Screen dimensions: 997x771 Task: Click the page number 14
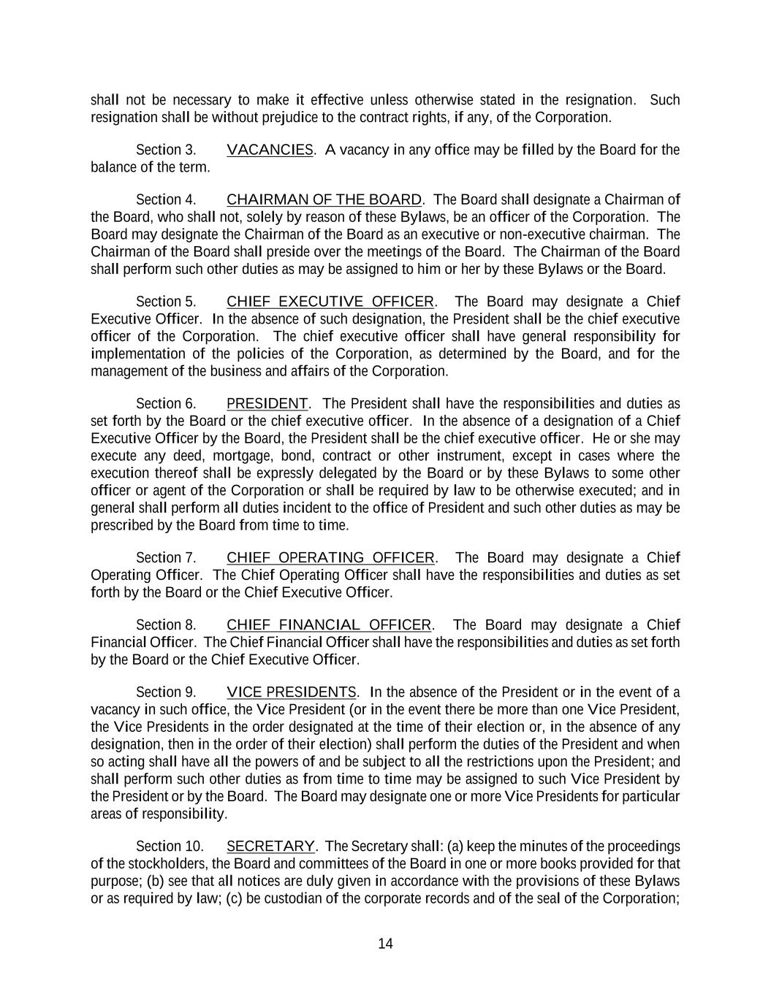point(385,944)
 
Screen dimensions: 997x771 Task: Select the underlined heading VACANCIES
point(270,150)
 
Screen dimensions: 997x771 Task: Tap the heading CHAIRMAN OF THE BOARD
point(324,199)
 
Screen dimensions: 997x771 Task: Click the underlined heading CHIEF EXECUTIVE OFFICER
point(330,302)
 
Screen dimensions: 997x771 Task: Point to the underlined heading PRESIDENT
point(267,404)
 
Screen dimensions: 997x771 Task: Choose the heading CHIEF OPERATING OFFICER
point(330,558)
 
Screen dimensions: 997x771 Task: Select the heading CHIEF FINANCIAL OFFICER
point(329,625)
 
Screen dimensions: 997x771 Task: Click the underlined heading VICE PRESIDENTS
point(292,692)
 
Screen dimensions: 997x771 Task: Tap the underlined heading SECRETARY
point(270,847)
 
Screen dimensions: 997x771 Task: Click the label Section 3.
point(166,150)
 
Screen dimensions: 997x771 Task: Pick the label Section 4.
point(166,199)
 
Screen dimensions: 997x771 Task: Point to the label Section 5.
point(166,302)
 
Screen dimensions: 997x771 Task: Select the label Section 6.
point(166,404)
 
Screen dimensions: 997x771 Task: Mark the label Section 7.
point(166,558)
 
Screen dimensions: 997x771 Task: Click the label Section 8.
point(166,625)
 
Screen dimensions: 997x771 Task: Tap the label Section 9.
point(166,692)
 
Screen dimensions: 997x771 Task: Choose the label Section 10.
point(170,847)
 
